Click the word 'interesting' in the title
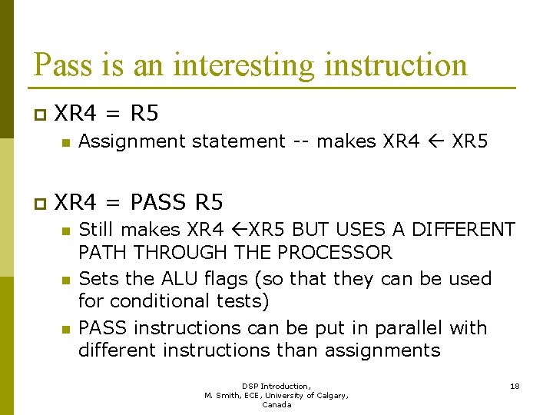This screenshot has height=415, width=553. pyautogui.click(x=245, y=65)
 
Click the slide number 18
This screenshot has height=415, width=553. pyautogui.click(x=515, y=386)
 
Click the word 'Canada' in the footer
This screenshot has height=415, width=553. pyautogui.click(x=276, y=404)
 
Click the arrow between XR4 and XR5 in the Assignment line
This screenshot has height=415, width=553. pyautogui.click(x=435, y=141)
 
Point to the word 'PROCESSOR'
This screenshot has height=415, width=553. pyautogui.click(x=335, y=252)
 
